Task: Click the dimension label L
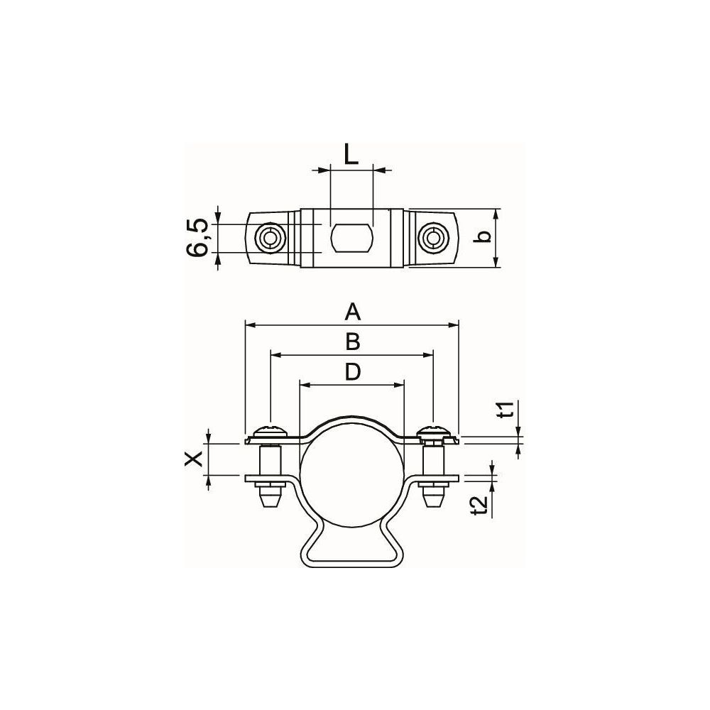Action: (351, 154)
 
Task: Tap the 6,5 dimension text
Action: (198, 238)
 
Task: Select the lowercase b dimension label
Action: (484, 236)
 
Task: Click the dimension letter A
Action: (352, 312)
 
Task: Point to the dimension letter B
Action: (352, 342)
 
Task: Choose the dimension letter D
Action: (352, 372)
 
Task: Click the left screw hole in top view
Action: (270, 238)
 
